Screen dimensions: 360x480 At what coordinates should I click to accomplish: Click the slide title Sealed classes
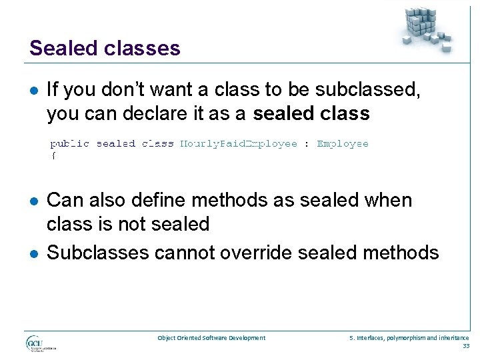point(105,48)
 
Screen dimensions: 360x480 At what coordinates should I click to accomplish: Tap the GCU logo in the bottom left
point(40,344)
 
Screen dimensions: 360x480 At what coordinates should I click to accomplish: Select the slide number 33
point(465,345)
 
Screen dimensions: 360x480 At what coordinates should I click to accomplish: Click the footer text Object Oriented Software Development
point(211,338)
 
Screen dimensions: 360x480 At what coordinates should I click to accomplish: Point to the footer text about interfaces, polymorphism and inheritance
point(409,338)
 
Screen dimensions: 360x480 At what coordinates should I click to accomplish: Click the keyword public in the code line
point(70,143)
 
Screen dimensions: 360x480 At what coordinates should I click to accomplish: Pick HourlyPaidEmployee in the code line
point(239,143)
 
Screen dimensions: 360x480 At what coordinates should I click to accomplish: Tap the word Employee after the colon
point(342,143)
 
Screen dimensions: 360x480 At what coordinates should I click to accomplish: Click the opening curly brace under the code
point(53,155)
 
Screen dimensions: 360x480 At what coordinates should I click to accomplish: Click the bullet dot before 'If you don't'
point(33,91)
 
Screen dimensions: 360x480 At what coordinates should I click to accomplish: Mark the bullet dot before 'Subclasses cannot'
point(33,253)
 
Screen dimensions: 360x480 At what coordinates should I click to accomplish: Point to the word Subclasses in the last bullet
point(99,253)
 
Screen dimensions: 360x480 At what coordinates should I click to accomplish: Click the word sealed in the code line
point(115,143)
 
